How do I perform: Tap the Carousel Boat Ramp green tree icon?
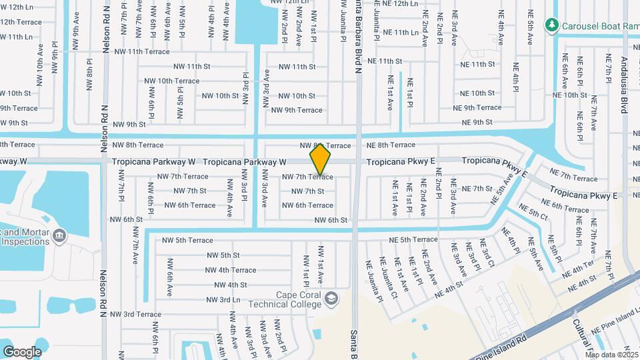(x=551, y=25)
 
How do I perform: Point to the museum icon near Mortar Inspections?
(x=59, y=235)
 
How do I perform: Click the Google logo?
(x=22, y=351)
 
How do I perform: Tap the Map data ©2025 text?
(x=611, y=354)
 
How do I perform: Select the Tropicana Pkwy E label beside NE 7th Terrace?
(x=583, y=195)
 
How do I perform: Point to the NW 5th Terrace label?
(x=185, y=240)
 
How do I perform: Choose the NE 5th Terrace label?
(x=414, y=239)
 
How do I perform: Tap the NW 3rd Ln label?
(x=223, y=300)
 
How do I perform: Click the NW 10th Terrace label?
(x=171, y=81)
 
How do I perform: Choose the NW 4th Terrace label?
(x=231, y=270)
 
